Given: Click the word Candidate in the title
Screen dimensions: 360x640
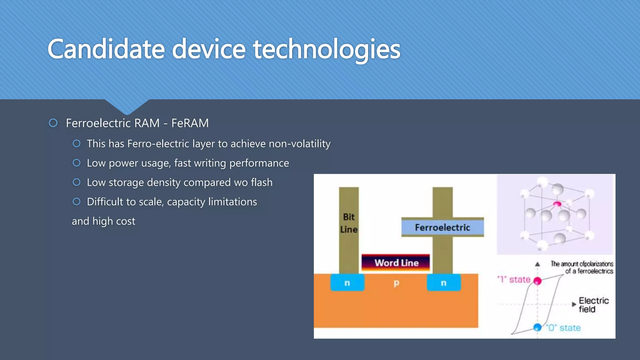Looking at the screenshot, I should pos(106,49).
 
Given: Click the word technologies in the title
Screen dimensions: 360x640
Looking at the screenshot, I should pos(326,49).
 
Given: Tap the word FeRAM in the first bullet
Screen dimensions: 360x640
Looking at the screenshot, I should pos(190,123).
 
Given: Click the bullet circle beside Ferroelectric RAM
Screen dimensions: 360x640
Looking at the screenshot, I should pos(53,123).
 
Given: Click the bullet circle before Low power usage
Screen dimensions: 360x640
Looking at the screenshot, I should pos(77,163).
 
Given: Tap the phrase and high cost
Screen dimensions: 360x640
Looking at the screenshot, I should pos(103,221).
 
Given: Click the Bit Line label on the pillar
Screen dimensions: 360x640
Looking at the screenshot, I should pos(349,223).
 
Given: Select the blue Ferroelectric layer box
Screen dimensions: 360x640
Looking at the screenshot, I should pos(442,227).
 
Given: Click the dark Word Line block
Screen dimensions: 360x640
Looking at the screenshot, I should pos(396,262).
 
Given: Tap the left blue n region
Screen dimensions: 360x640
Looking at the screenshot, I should pos(347,282).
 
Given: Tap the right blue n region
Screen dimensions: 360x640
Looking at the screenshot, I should pos(443,282).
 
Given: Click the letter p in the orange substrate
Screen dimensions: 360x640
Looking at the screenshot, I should pos(396,283).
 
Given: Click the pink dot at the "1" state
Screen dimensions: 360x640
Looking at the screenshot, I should pos(537,281).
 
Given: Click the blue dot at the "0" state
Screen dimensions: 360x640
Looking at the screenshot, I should pos(537,327).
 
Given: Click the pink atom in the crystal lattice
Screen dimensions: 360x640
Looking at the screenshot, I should pos(557,204).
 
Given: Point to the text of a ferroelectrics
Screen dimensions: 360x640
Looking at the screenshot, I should pos(589,271).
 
